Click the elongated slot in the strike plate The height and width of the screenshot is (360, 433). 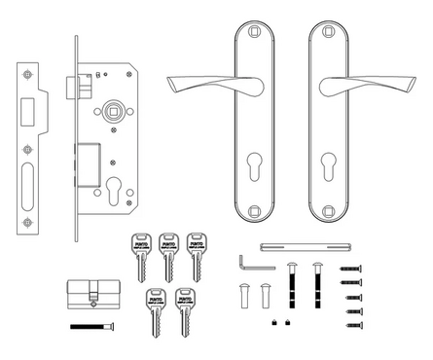click(x=27, y=186)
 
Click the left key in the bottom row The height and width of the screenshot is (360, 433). click(x=154, y=310)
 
